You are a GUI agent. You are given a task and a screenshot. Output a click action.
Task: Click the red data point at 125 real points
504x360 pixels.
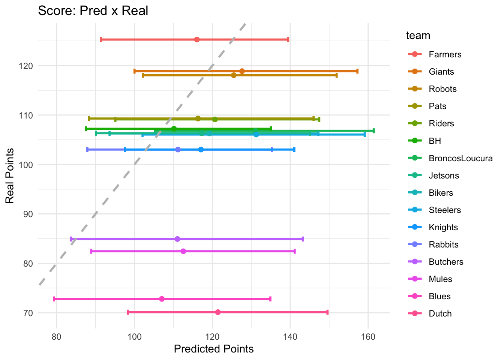click(197, 39)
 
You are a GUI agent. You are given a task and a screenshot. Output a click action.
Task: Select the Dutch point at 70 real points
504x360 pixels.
click(218, 312)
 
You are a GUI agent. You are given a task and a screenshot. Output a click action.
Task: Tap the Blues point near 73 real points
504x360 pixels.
click(162, 299)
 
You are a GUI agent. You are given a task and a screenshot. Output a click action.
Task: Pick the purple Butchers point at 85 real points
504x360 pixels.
click(177, 239)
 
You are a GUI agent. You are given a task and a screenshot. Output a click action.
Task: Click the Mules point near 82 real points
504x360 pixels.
click(183, 251)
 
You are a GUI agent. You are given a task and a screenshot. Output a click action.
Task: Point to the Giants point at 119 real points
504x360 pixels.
click(242, 71)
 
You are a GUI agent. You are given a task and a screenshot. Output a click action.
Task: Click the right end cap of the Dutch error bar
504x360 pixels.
click(327, 312)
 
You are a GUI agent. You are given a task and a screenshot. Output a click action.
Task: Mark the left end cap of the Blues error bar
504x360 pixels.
click(54, 299)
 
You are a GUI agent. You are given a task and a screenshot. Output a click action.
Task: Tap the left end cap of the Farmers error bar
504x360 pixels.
click(101, 39)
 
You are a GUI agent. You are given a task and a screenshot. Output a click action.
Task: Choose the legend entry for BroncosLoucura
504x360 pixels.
click(460, 158)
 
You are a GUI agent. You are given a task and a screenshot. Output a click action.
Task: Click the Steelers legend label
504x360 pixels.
click(445, 210)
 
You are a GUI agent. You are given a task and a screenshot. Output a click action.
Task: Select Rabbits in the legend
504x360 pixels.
click(444, 244)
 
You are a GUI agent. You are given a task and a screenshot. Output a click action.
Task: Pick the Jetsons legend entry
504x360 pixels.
click(444, 175)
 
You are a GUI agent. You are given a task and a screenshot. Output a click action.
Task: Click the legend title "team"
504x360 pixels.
click(418, 36)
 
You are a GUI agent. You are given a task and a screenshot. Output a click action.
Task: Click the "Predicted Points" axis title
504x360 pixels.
click(214, 349)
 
